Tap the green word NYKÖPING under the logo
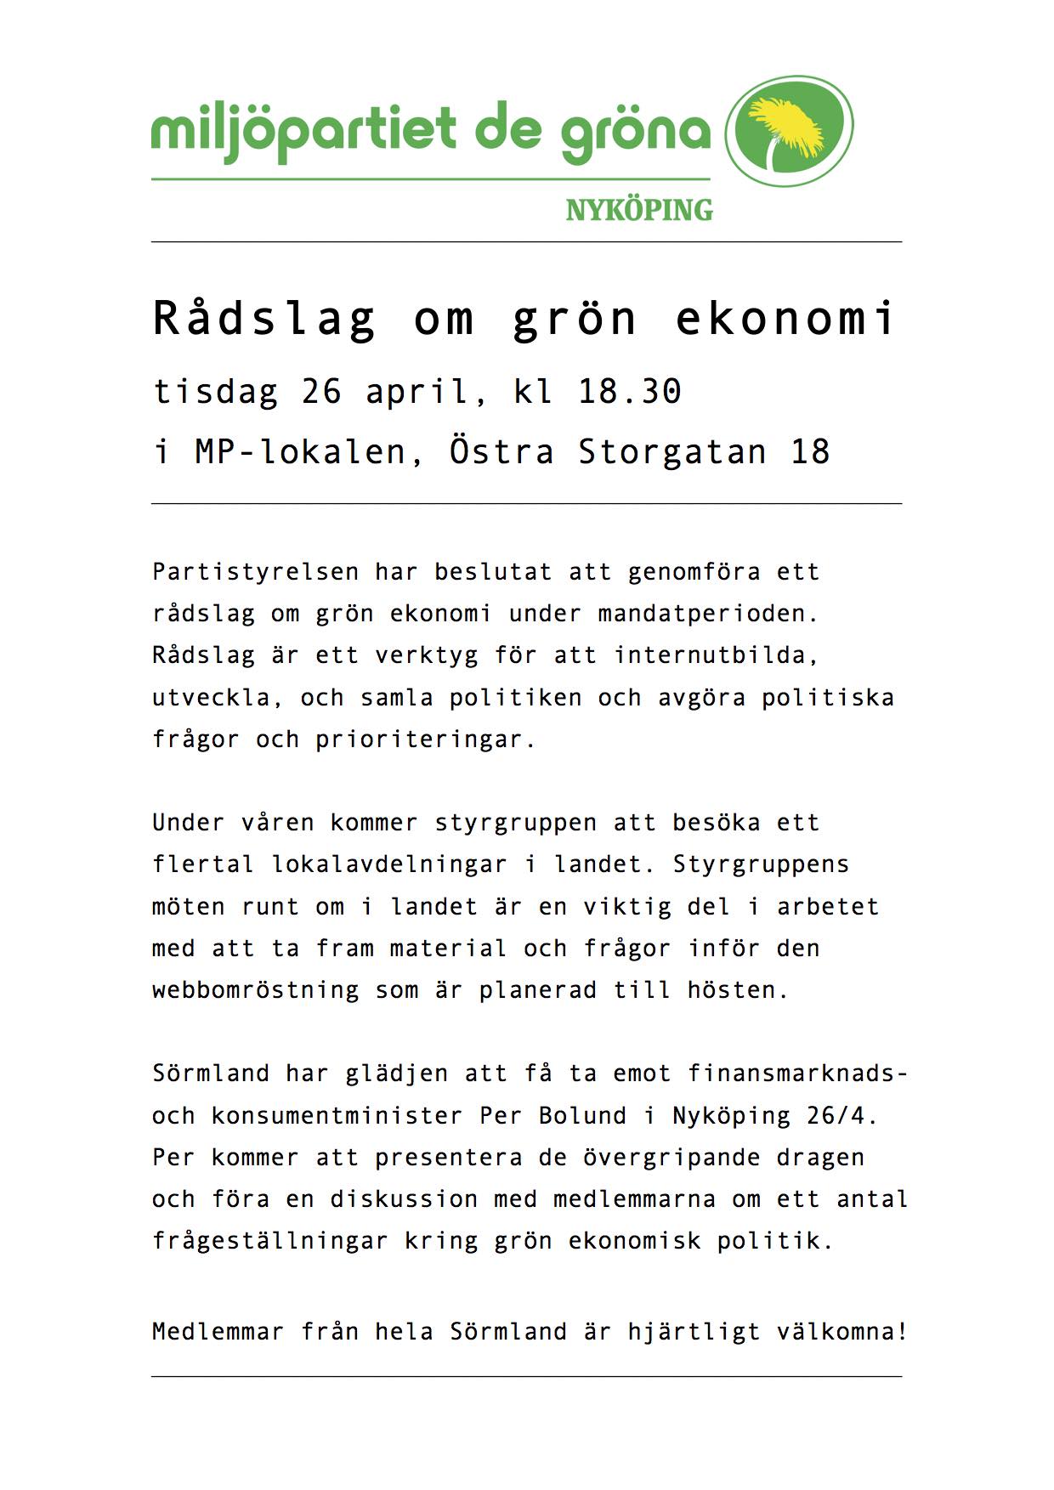pos(639,210)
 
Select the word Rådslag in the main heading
pos(264,319)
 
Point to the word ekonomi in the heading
pos(785,319)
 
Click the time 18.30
pos(630,391)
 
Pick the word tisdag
pos(216,391)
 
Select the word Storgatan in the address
pos(672,451)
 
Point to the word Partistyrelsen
pos(256,572)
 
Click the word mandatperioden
pos(708,614)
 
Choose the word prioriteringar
pos(426,739)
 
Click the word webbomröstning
pos(256,990)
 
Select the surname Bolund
pos(583,1115)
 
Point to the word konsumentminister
pos(337,1115)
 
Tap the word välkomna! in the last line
pos(842,1331)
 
